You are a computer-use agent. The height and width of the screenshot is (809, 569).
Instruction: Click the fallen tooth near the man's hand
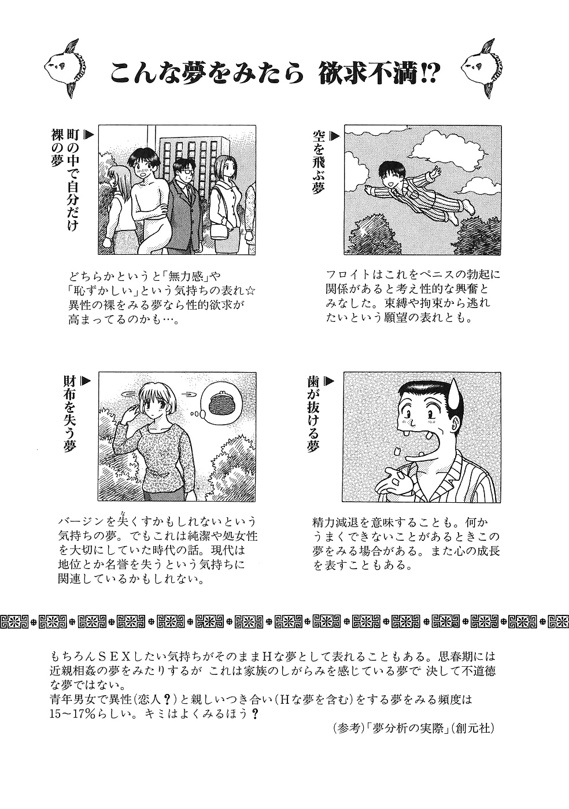(x=398, y=451)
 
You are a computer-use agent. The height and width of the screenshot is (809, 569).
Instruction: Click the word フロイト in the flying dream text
(x=345, y=274)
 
